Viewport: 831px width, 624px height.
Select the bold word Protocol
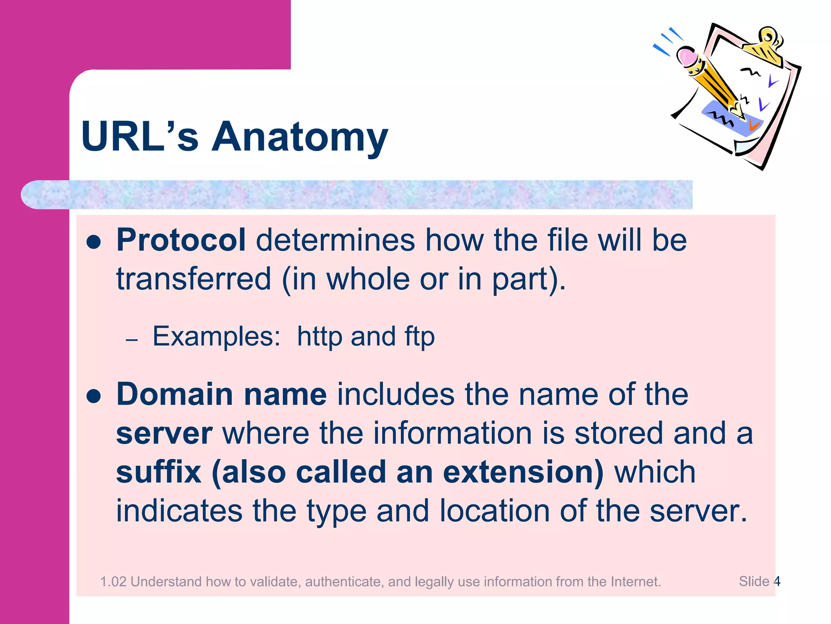181,240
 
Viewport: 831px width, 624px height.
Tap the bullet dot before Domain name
94,396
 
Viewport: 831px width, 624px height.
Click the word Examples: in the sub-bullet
216,336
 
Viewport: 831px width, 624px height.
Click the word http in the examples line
319,337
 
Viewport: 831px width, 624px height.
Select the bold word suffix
159,472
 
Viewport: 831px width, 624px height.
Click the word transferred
194,279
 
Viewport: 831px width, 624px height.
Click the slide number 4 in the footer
777,581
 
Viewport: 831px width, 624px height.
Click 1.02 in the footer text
113,582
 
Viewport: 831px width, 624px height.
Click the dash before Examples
132,340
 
